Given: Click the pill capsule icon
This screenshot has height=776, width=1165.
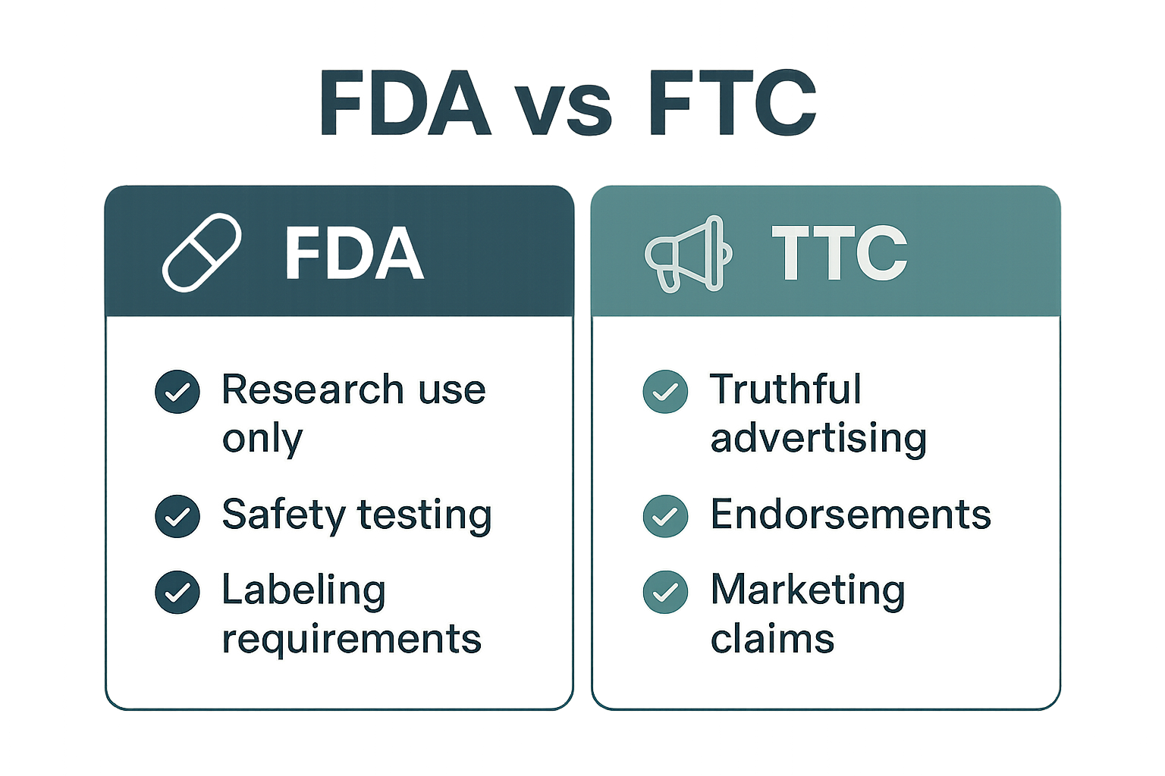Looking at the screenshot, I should (202, 252).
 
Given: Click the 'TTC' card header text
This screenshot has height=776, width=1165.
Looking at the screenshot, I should (839, 253).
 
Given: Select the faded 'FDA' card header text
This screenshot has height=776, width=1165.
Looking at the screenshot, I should (353, 253).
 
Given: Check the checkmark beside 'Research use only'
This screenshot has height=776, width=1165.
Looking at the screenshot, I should (177, 392).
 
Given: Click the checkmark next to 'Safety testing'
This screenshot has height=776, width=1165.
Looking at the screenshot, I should (177, 516).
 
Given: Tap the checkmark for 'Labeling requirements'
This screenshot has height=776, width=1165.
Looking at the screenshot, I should (177, 592).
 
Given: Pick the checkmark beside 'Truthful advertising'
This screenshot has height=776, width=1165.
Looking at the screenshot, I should (665, 392).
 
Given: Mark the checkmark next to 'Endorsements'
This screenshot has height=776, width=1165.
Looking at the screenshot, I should (665, 516).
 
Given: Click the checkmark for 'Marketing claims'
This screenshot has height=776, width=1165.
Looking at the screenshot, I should (665, 592).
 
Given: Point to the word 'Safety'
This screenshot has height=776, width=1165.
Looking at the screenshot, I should (283, 515).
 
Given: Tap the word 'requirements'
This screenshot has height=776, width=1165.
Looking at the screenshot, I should (351, 639).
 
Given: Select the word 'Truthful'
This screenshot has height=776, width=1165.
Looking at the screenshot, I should (786, 390).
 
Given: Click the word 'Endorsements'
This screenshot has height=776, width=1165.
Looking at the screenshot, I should (850, 515).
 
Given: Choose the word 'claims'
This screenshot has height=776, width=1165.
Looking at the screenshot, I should (772, 639).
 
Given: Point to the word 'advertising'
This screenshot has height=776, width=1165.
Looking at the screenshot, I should (818, 439).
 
